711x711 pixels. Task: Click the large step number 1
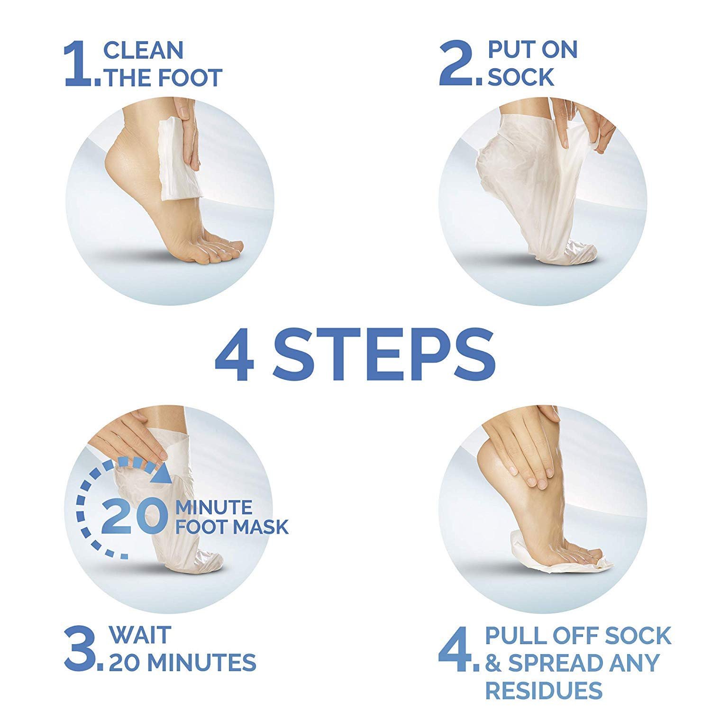(79, 64)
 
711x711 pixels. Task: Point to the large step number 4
(456, 648)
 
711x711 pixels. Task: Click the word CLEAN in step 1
(144, 50)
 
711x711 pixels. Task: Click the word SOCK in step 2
(521, 77)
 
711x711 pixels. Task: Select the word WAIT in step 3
(140, 635)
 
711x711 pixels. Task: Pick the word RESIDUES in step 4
(544, 690)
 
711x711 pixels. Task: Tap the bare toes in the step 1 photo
(219, 249)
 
